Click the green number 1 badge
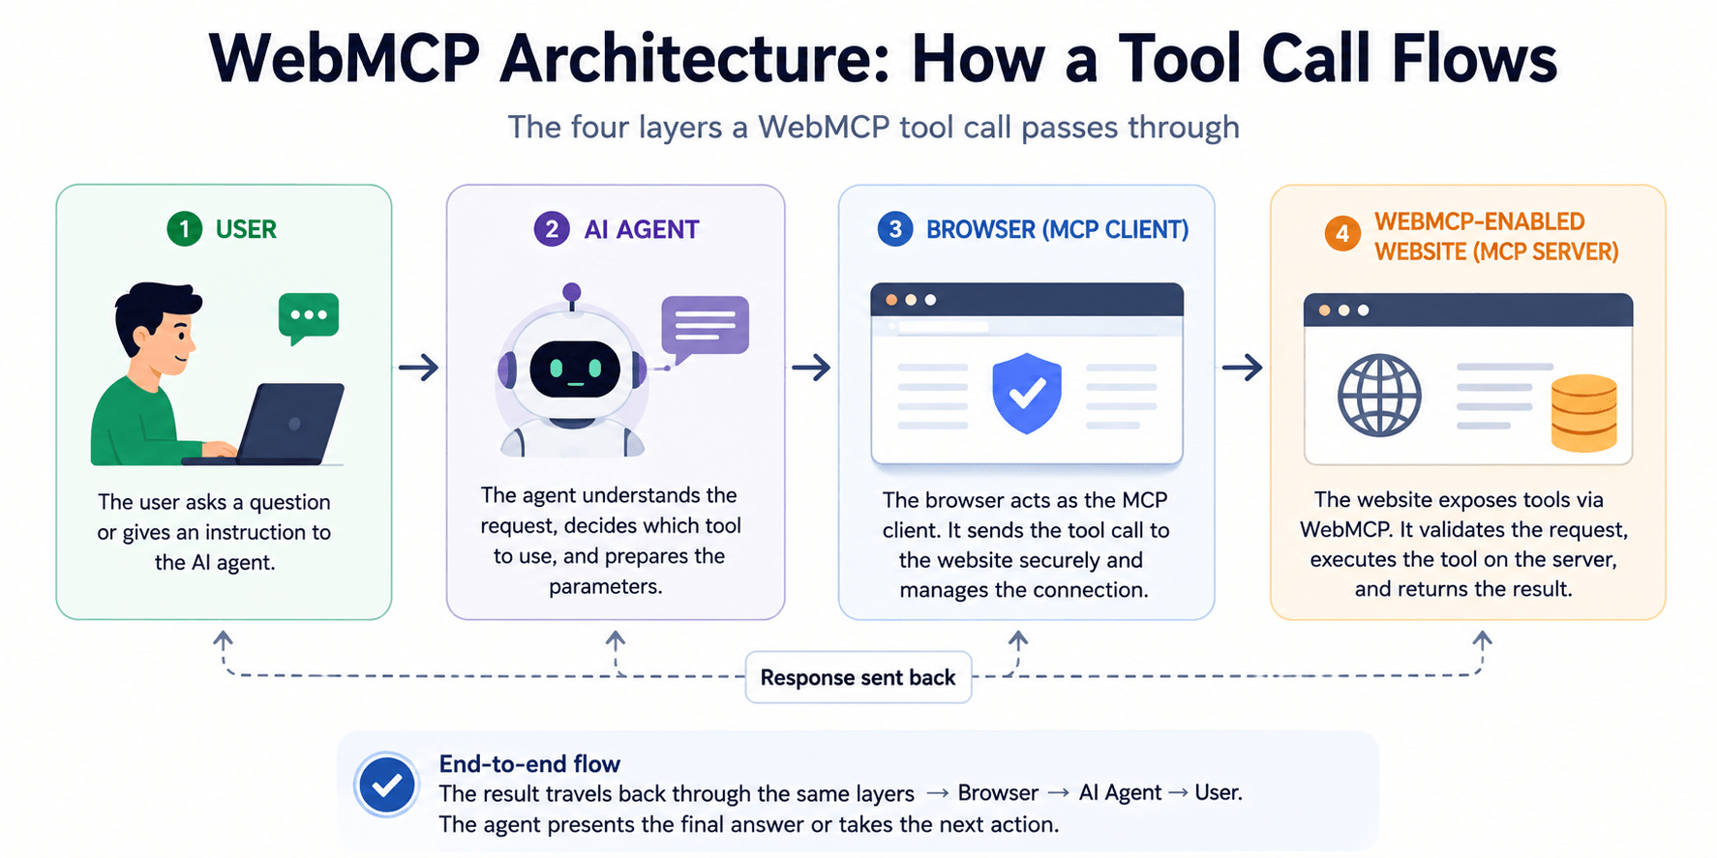184,229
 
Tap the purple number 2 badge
552,229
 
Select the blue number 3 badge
895,229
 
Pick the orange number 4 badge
1342,234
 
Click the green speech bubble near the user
309,317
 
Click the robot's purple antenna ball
572,292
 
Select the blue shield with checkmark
1027,393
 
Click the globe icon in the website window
1379,396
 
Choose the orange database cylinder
1584,414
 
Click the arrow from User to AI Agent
419,368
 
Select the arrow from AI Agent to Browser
811,368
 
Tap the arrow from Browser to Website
1243,368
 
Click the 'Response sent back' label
858,677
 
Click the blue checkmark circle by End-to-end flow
387,784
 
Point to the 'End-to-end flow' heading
529,764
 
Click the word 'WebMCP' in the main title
345,60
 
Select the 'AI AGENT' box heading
642,229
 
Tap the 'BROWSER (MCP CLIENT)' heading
1058,229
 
